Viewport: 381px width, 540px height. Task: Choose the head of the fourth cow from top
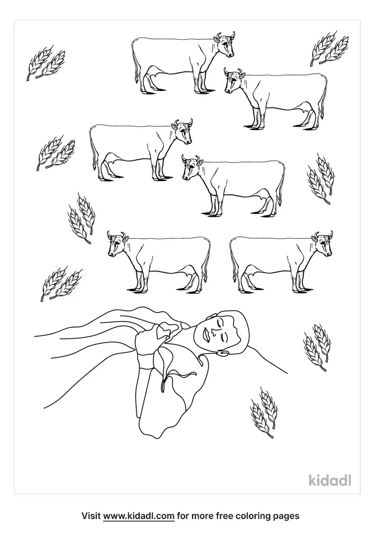click(192, 168)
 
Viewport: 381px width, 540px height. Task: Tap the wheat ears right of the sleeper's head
click(316, 346)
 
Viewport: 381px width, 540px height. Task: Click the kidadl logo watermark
click(330, 480)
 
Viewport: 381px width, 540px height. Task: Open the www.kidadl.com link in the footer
click(138, 516)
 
